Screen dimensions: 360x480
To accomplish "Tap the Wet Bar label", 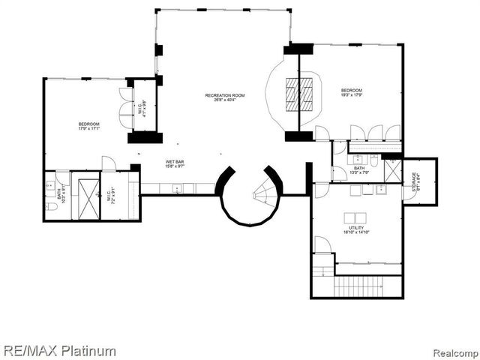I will tap(175, 164).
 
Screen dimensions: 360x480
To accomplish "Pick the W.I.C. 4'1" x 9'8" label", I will tap(141, 109).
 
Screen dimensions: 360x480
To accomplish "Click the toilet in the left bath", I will tap(49, 205).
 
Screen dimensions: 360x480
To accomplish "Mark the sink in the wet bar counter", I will tap(178, 189).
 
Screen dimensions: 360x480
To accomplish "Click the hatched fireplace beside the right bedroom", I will tap(298, 93).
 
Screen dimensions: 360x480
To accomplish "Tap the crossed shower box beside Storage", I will tap(392, 170).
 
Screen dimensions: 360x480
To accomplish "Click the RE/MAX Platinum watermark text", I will tap(59, 350).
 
